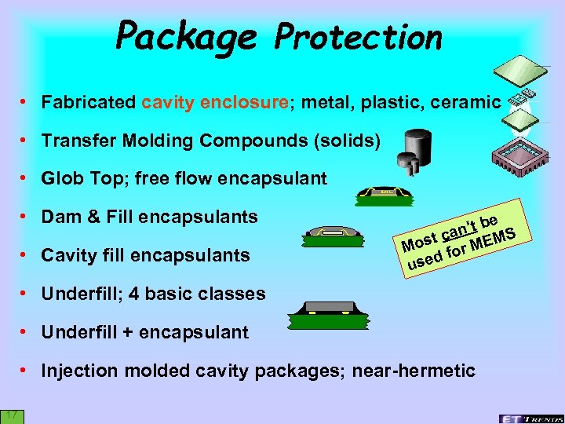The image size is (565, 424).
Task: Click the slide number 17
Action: (13, 415)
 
